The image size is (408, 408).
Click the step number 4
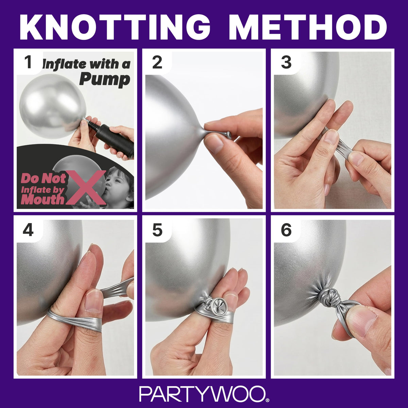click(28, 230)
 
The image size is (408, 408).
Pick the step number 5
click(157, 230)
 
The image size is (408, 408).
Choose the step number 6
click(286, 230)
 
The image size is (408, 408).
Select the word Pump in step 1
click(105, 80)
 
